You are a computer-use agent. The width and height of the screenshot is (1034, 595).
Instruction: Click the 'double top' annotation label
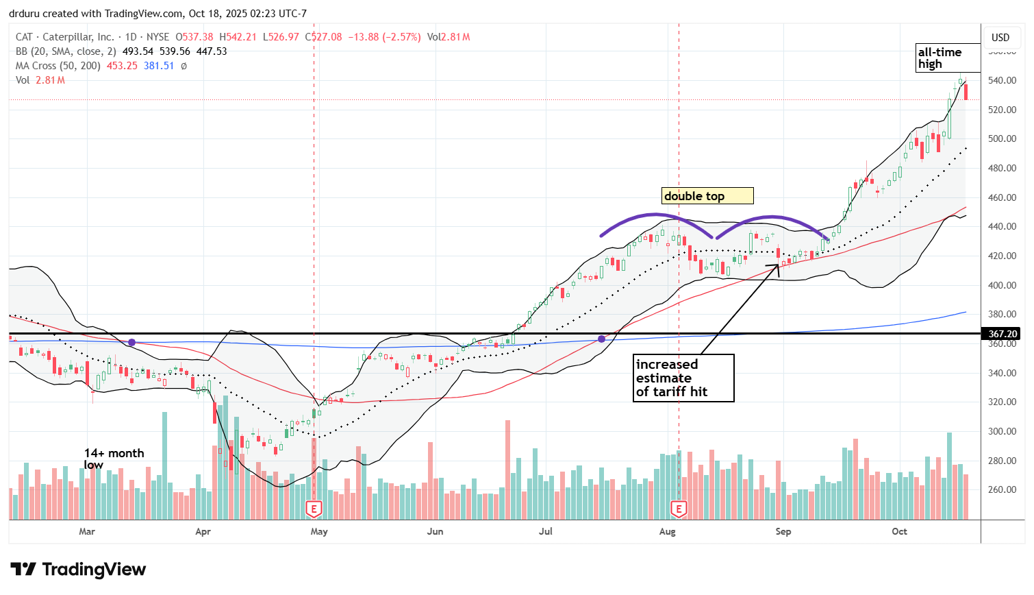point(707,196)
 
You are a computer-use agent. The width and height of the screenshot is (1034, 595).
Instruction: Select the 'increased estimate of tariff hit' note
point(683,378)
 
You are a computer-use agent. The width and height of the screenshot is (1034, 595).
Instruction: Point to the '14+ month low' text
point(114,459)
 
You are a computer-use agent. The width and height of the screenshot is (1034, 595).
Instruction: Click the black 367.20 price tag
point(1003,334)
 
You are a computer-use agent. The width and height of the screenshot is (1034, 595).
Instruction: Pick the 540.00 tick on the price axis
point(1001,81)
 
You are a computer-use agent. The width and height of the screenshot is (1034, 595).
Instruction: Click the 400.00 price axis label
point(1001,285)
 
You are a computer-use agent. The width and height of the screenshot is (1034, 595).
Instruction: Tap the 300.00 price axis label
point(1001,432)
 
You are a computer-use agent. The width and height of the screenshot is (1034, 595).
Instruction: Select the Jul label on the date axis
point(546,531)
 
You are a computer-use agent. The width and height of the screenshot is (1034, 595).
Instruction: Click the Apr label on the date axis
point(203,531)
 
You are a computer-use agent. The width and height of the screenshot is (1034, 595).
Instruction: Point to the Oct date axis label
point(899,531)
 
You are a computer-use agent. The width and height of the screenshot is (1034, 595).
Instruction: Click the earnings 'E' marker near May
point(314,509)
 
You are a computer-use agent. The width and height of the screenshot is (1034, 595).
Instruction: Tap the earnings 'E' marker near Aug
point(679,509)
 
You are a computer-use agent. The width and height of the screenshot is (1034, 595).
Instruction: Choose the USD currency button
point(1000,38)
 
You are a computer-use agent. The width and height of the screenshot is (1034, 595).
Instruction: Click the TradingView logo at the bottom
point(78,570)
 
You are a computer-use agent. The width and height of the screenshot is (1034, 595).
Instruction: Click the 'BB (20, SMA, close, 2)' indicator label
point(65,51)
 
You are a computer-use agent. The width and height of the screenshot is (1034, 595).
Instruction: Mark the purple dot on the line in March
point(131,342)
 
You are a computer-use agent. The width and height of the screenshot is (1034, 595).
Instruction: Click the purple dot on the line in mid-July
point(601,339)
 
